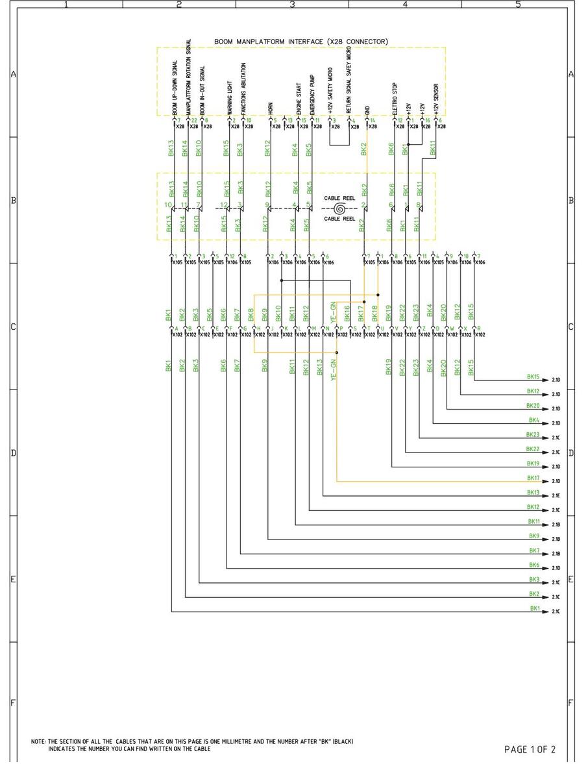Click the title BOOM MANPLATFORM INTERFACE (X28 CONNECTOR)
click(301, 42)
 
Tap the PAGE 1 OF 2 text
click(530, 750)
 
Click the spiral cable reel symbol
click(339, 209)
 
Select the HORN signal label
click(269, 109)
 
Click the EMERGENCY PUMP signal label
click(312, 99)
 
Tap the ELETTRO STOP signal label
click(394, 99)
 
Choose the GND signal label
click(367, 111)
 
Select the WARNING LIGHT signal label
click(229, 97)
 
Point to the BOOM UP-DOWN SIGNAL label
click(175, 89)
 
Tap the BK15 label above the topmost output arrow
click(533, 377)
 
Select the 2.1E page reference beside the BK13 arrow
click(556, 496)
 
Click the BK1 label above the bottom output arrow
click(535, 608)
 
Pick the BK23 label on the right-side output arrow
click(533, 434)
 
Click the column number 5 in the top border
click(517, 4)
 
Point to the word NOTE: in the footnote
click(38, 741)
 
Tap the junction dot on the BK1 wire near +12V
click(408, 145)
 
